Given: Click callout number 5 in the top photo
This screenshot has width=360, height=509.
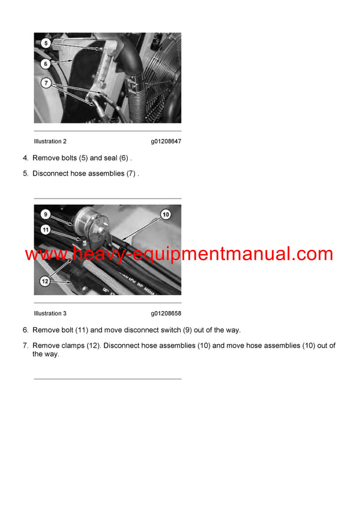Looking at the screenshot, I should point(45,43).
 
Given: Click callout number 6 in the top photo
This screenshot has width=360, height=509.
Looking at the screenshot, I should point(45,64).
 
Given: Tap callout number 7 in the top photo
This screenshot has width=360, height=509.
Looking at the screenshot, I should point(45,82).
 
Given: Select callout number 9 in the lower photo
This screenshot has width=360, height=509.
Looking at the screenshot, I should point(45,213).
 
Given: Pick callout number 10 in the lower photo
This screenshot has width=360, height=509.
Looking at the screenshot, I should point(166,214).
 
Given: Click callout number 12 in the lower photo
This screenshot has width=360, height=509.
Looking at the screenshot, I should point(45,280).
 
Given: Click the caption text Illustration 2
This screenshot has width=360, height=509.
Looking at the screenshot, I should point(50,141).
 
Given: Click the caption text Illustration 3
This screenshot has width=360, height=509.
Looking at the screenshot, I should point(50,314).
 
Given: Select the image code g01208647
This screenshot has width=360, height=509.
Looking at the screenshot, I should point(166,141).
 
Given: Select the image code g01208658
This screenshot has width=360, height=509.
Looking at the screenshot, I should point(166,314).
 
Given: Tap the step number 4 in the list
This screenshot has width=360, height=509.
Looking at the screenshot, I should point(25,158).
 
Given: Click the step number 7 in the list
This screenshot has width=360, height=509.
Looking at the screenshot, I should point(25,346).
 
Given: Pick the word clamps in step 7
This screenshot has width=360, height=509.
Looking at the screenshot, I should point(74,346).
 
